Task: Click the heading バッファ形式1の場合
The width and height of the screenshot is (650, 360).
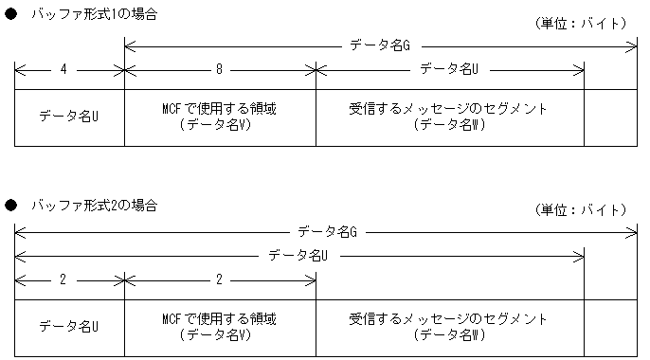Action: coord(95,16)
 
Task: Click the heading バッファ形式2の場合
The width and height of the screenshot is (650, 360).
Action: coord(95,205)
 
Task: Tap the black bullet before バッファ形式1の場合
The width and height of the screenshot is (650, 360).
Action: coord(11,16)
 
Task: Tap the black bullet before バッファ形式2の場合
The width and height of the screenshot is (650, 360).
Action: coord(11,205)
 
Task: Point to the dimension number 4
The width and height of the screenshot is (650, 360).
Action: coord(63,69)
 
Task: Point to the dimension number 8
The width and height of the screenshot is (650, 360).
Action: coord(219,69)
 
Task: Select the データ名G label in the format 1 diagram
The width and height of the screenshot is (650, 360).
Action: coord(379,45)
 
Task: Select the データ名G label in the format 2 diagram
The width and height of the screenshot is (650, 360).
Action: coord(327,231)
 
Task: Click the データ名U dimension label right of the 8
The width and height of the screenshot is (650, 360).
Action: coord(448,69)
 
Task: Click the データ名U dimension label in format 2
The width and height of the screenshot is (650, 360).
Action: coord(298,256)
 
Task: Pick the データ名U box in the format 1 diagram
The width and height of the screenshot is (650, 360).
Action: coord(69,117)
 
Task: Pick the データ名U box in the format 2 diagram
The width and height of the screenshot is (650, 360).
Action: coord(69,327)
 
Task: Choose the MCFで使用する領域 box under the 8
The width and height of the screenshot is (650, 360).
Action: coord(220,117)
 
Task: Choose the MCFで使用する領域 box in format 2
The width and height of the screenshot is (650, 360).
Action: coord(220,327)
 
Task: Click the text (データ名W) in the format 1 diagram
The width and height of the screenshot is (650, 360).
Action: coord(449,126)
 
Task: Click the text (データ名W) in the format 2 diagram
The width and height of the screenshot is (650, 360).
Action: coord(449,335)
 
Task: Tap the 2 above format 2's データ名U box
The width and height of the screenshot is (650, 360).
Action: coord(63,280)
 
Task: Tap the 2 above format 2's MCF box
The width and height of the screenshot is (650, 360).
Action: coord(219,280)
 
